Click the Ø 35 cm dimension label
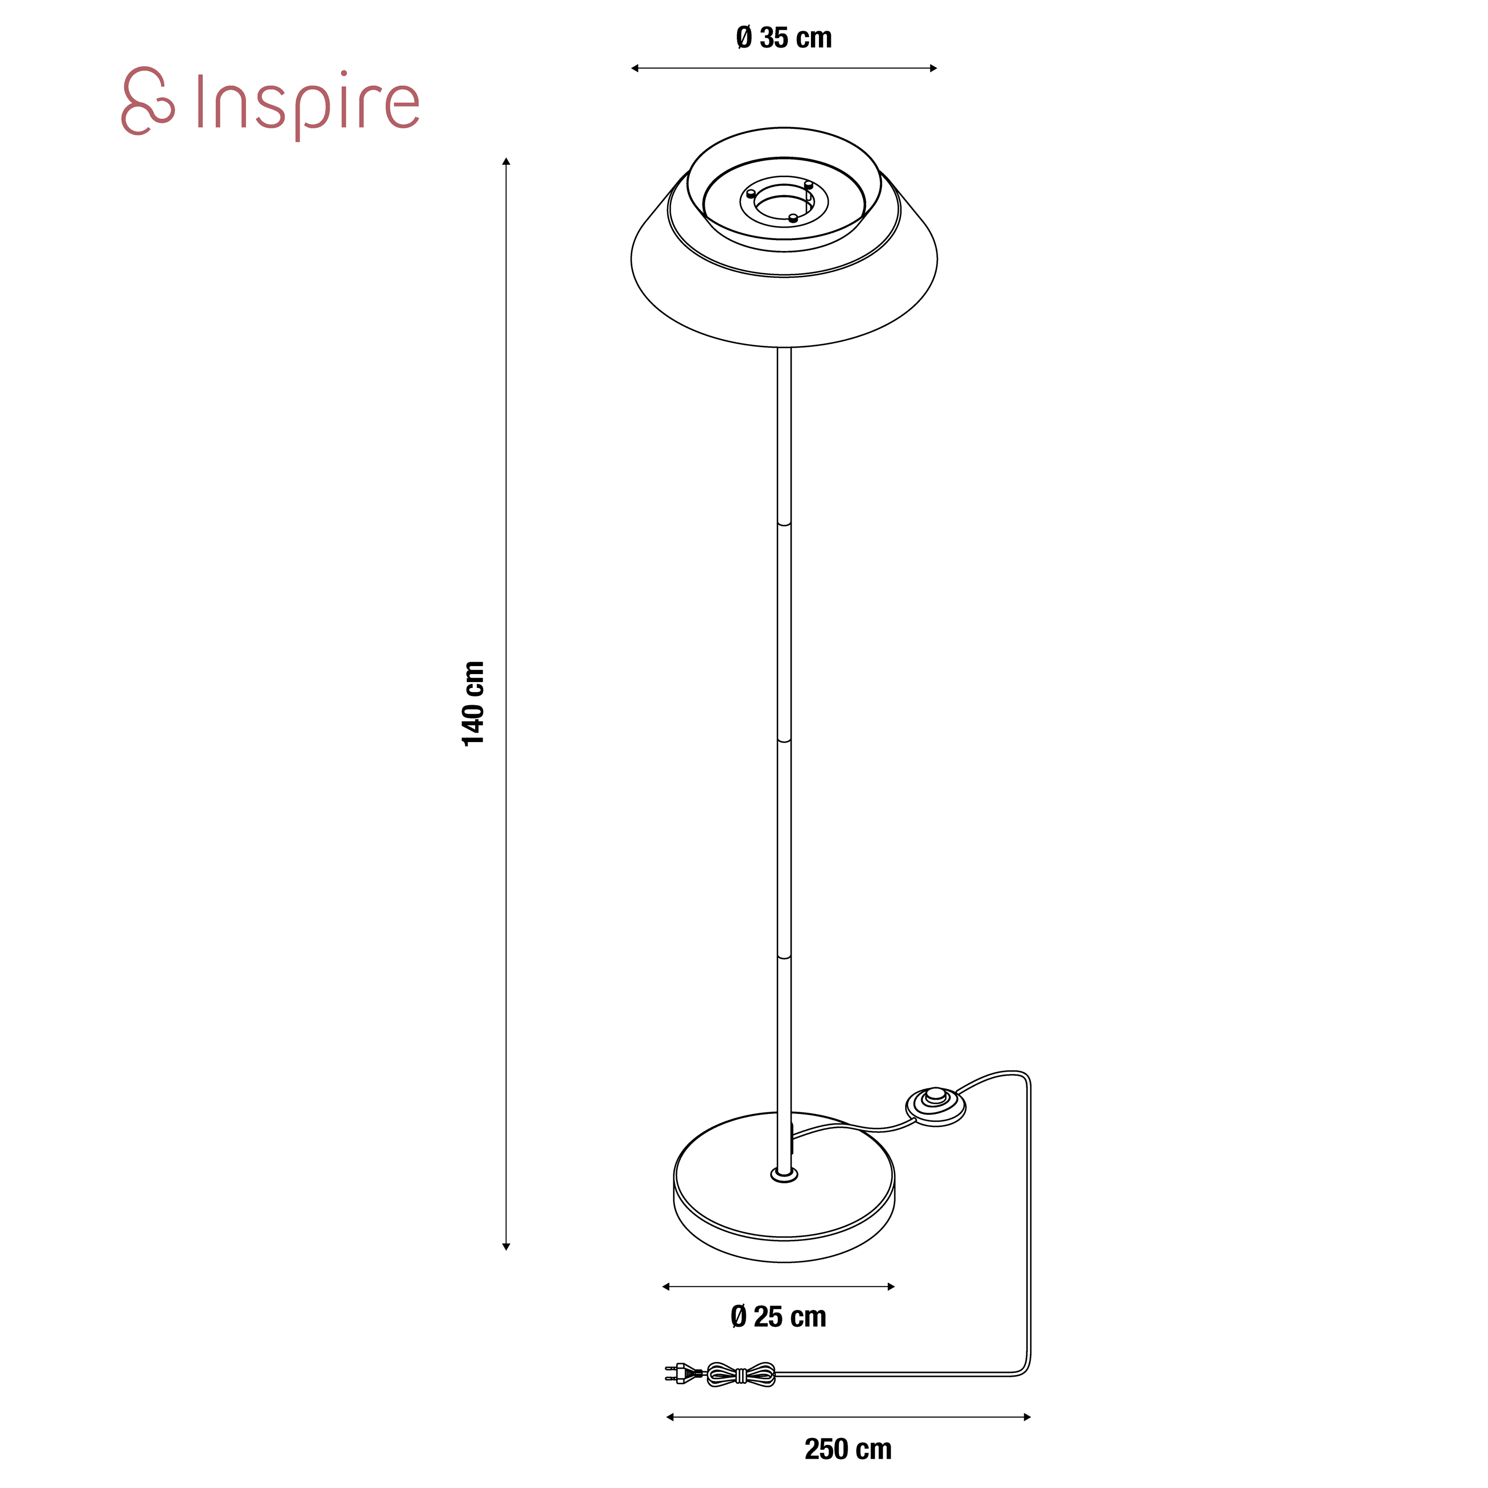point(784,38)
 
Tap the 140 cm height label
point(473,703)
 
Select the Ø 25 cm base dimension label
point(778,1316)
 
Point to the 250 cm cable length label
point(848,1449)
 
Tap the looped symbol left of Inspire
point(148,101)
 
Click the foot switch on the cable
point(935,1105)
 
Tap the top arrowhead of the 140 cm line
point(506,162)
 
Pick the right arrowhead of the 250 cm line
point(1027,1417)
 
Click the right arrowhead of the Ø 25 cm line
point(891,1286)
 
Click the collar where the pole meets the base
point(784,1175)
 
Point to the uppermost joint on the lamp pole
point(784,524)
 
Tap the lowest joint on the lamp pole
point(784,957)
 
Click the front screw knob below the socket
point(793,218)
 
